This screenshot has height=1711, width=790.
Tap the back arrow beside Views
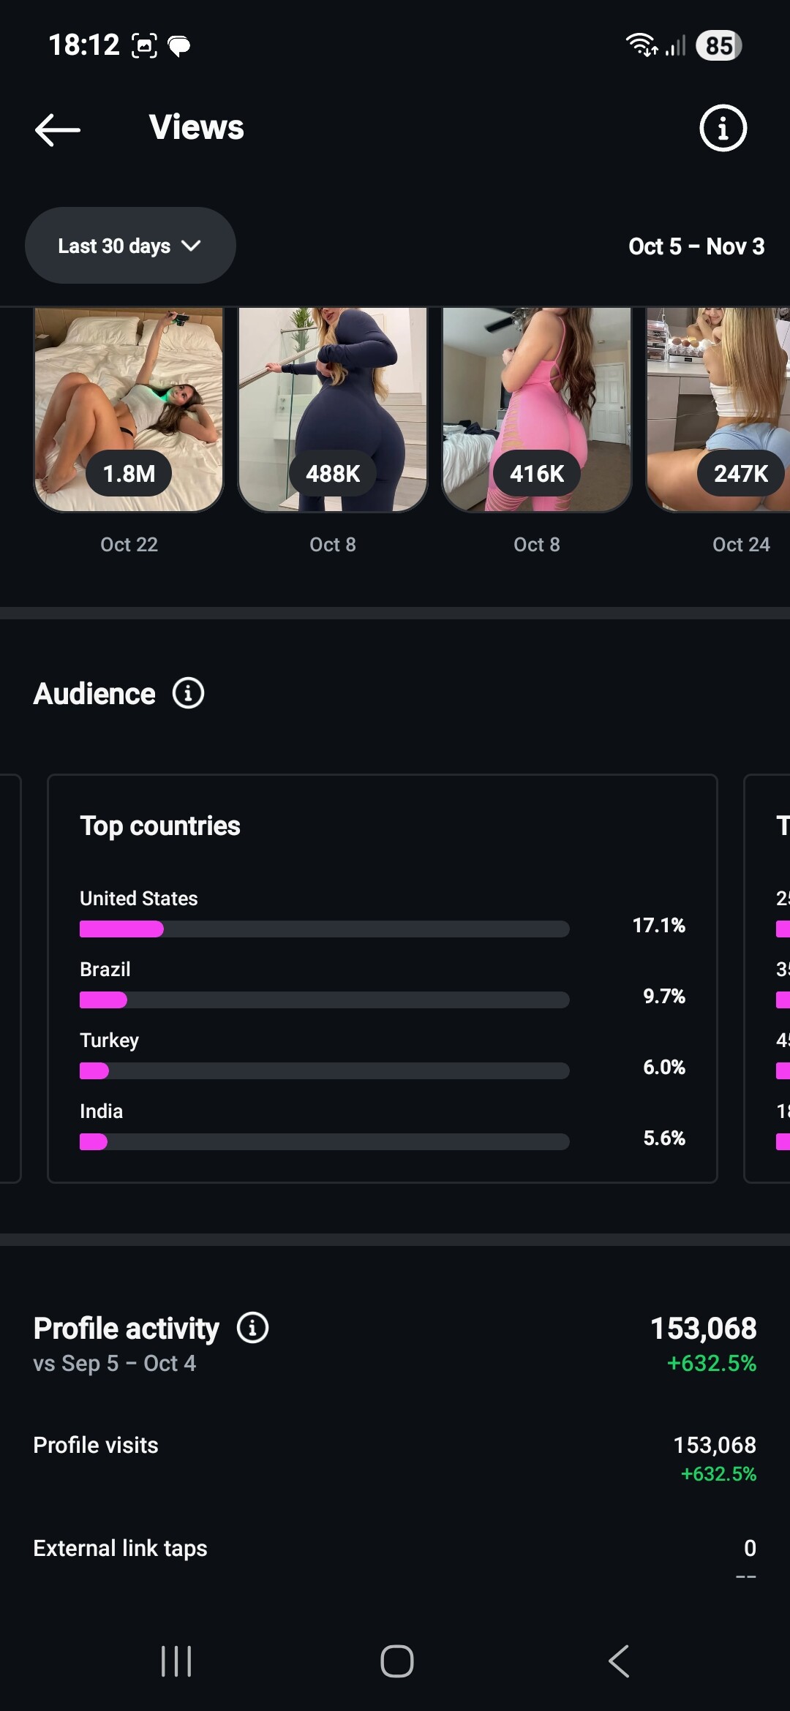pyautogui.click(x=58, y=129)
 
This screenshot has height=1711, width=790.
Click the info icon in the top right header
pyautogui.click(x=723, y=129)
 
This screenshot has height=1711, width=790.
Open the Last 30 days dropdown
pyautogui.click(x=130, y=246)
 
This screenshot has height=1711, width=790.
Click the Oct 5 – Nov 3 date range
pyautogui.click(x=696, y=246)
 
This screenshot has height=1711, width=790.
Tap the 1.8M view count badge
pyautogui.click(x=129, y=474)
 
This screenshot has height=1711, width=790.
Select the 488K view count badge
pyautogui.click(x=333, y=474)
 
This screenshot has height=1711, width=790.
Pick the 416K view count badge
pyautogui.click(x=537, y=474)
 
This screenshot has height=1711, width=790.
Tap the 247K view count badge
pyautogui.click(x=740, y=474)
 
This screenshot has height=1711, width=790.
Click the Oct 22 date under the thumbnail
pyautogui.click(x=129, y=545)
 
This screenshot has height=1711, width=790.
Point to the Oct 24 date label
pyautogui.click(x=740, y=545)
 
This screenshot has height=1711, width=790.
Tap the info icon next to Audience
pyautogui.click(x=188, y=693)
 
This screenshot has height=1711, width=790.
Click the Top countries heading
pyautogui.click(x=160, y=826)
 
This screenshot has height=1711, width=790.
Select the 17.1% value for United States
pyautogui.click(x=658, y=926)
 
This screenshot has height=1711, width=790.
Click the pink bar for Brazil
pyautogui.click(x=103, y=1000)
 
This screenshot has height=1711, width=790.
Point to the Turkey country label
pyautogui.click(x=109, y=1040)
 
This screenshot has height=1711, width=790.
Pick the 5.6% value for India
pyautogui.click(x=663, y=1138)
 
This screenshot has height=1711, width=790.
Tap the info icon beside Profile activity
pyautogui.click(x=252, y=1328)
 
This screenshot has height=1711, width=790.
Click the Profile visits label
pyautogui.click(x=96, y=1446)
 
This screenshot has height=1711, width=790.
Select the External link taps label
pyautogui.click(x=120, y=1549)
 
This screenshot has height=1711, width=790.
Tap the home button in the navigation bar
pyautogui.click(x=396, y=1661)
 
